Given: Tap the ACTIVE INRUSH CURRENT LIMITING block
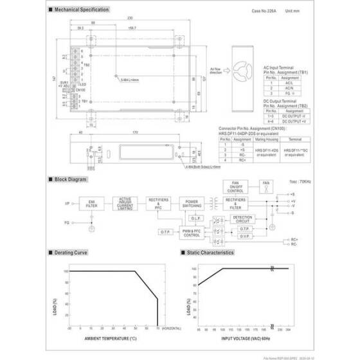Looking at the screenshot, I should (x=125, y=203).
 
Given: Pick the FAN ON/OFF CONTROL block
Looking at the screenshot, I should (x=235, y=186).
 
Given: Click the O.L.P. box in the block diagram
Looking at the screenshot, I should (x=197, y=218).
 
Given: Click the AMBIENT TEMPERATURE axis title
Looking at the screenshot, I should (x=111, y=338).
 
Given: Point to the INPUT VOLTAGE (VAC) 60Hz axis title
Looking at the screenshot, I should (x=240, y=338).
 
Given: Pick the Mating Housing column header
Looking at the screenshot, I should (x=265, y=138).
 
